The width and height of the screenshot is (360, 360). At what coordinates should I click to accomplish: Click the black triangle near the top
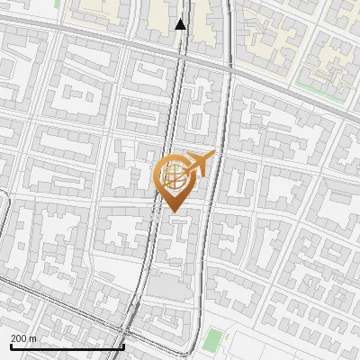coord(181,24)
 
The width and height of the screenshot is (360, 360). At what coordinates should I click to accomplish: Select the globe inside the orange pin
coord(173,175)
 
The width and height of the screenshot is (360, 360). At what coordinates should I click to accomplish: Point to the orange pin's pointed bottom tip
coord(174,211)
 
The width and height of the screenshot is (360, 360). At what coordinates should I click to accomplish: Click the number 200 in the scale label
coord(20,338)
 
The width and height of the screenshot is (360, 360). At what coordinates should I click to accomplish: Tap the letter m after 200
coord(33,338)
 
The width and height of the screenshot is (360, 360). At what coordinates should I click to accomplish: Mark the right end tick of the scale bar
coord(123,346)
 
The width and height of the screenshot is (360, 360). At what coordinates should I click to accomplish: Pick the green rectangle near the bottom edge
coord(212,340)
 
